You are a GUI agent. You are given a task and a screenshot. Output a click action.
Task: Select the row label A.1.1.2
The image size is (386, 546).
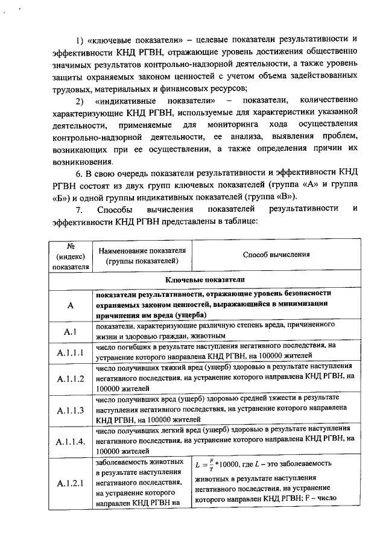pyautogui.click(x=69, y=379)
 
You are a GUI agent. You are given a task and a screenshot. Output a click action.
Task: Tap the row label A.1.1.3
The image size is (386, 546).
pyautogui.click(x=69, y=410)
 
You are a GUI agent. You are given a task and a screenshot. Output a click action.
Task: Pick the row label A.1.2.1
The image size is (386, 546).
pyautogui.click(x=69, y=483)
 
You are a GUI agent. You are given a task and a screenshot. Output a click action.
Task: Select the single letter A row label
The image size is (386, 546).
pyautogui.click(x=69, y=306)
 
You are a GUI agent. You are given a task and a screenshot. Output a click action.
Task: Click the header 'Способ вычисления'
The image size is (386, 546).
pyautogui.click(x=276, y=254)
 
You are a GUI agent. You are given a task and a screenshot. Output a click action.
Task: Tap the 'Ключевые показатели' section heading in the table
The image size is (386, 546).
pyautogui.click(x=206, y=280)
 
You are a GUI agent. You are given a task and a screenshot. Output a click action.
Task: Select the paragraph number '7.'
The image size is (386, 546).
pyautogui.click(x=78, y=209)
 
